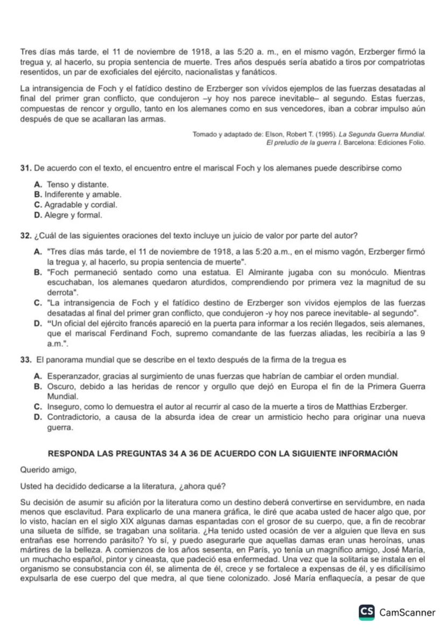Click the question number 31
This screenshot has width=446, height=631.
point(25,169)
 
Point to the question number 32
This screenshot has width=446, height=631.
point(25,235)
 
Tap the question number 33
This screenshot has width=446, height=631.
point(25,359)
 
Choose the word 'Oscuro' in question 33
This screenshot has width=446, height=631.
point(60,386)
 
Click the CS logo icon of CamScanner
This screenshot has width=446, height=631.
point(367,613)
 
